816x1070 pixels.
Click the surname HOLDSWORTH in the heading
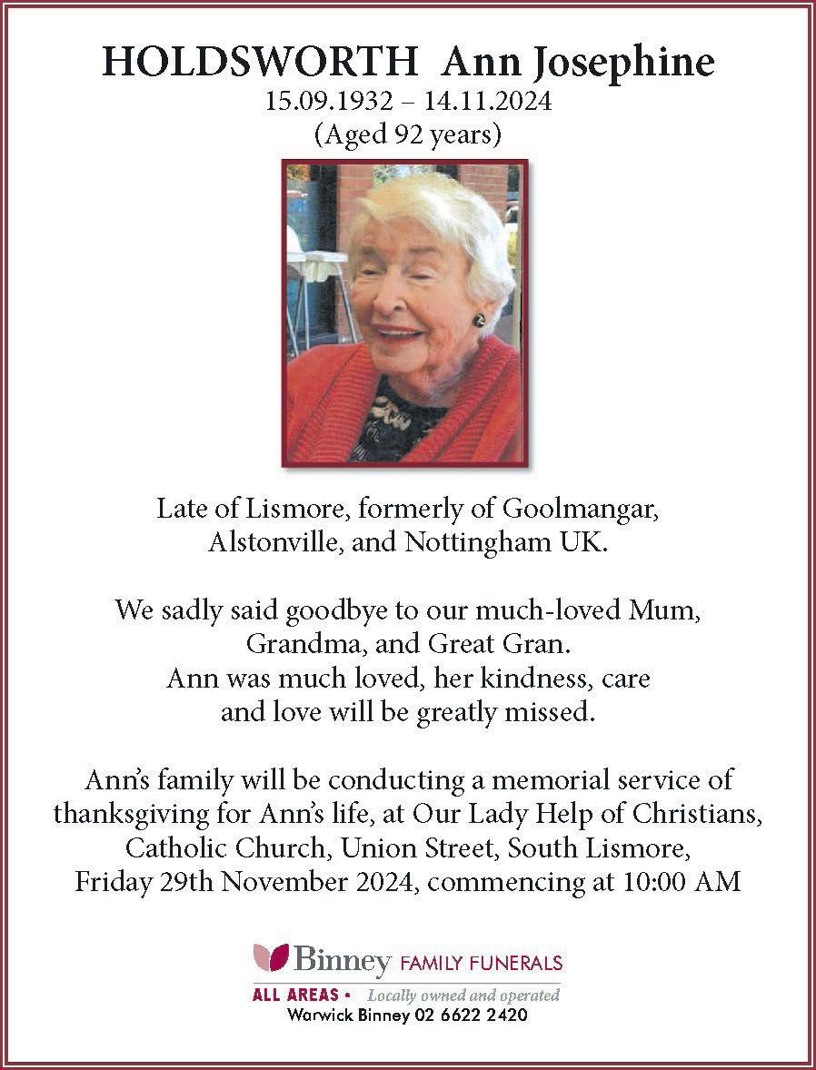click(x=259, y=63)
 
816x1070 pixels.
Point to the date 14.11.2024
click(x=493, y=101)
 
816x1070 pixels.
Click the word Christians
click(x=696, y=812)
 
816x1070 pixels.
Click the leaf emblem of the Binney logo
click(x=270, y=957)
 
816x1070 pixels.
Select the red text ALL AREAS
click(x=295, y=995)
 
